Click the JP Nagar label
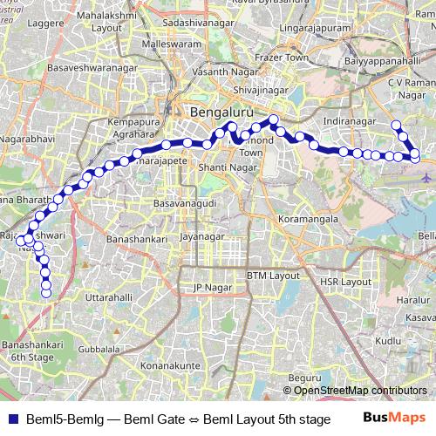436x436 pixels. point(209,286)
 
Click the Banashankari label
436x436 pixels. point(133,237)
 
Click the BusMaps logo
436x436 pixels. point(394,419)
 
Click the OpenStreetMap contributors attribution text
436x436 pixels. point(360,390)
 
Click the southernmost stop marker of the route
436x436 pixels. point(46,292)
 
